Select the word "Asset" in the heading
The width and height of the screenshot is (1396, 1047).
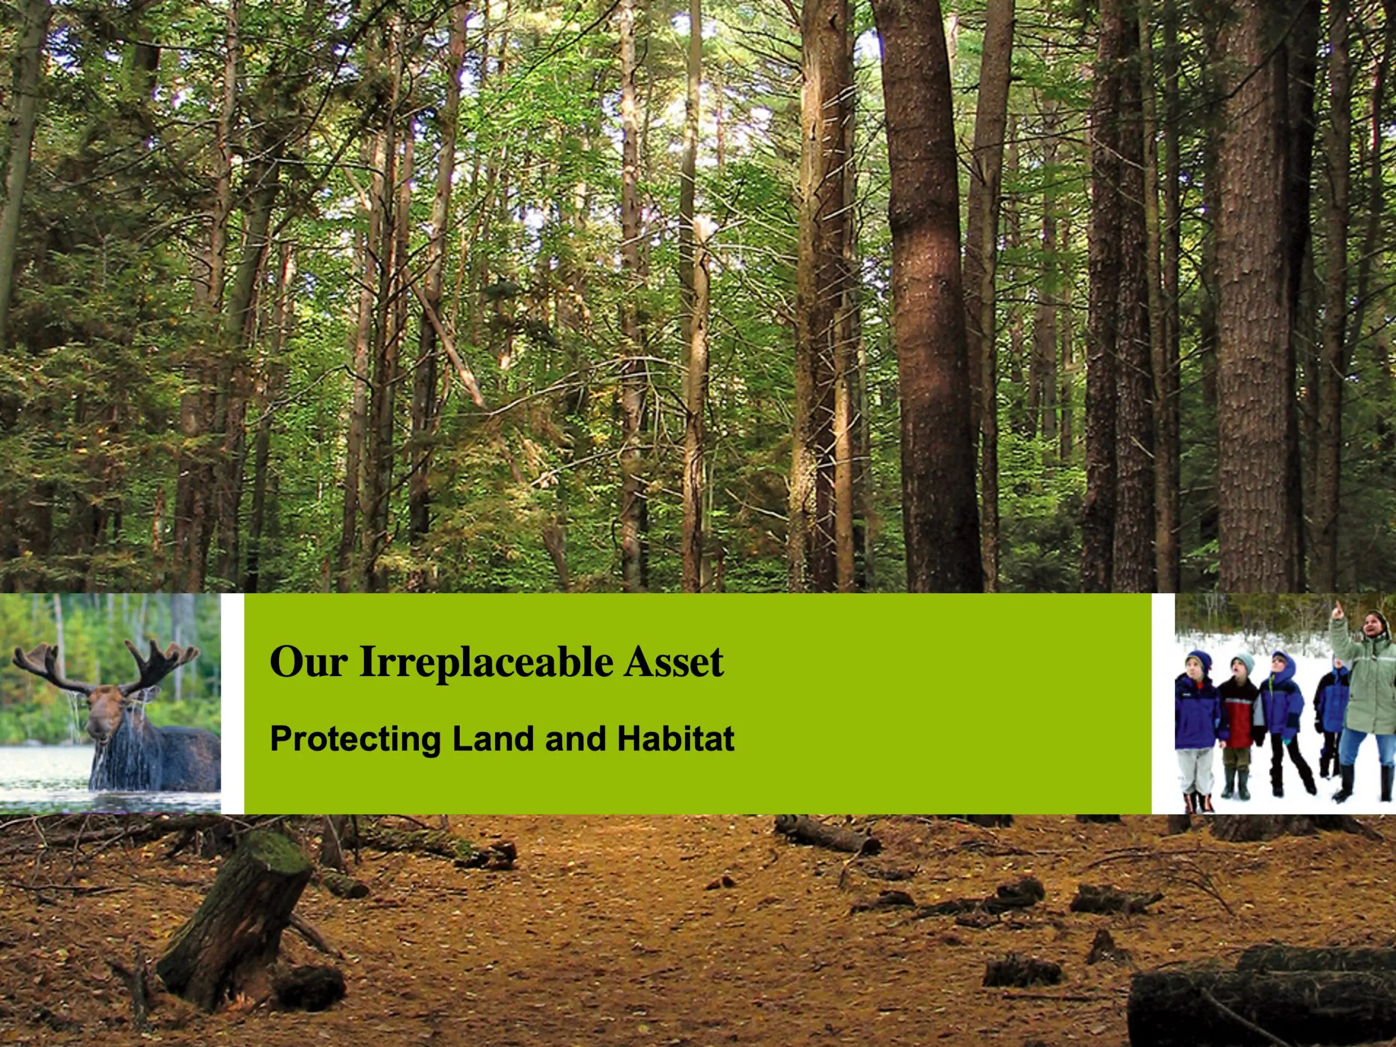tap(673, 661)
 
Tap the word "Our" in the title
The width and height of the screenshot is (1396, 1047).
tap(309, 661)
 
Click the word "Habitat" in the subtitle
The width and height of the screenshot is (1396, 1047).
tap(676, 738)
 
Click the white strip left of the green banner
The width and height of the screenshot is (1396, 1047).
tap(232, 703)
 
